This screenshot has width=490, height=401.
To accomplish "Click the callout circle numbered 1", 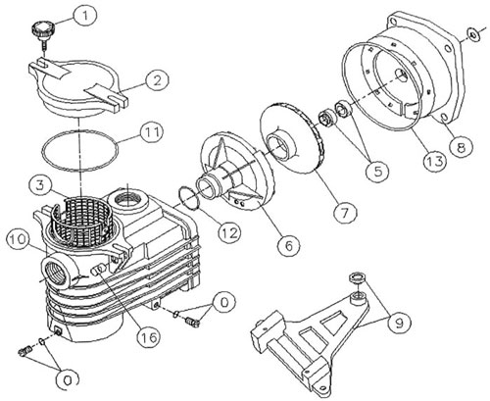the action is tap(83, 16).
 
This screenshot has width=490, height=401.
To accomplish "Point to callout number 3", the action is tap(40, 186).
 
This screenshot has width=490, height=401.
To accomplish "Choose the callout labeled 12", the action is tap(229, 232).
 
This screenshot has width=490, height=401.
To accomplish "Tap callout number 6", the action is tap(289, 245).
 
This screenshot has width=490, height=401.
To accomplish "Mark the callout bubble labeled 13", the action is tap(435, 161).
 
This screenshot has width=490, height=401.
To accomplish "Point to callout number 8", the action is tap(462, 147).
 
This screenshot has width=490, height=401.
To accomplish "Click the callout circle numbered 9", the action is tap(399, 323).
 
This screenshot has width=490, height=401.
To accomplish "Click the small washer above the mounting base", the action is tap(358, 277).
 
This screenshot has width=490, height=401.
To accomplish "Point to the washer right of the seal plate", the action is tap(472, 34).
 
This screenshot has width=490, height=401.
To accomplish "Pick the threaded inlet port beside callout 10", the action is tap(56, 270).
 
